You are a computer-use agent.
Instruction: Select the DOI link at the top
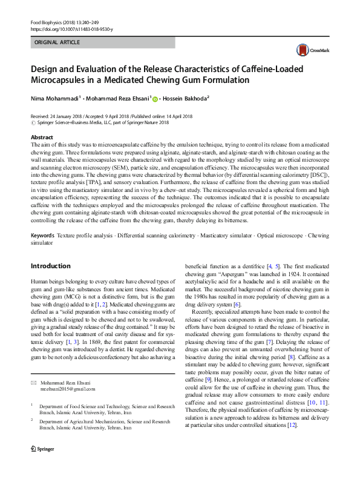pos(71,28)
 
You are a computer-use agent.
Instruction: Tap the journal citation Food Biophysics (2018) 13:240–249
pos(64,22)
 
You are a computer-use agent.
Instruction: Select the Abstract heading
pos(42,138)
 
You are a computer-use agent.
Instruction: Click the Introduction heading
pos(51,266)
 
